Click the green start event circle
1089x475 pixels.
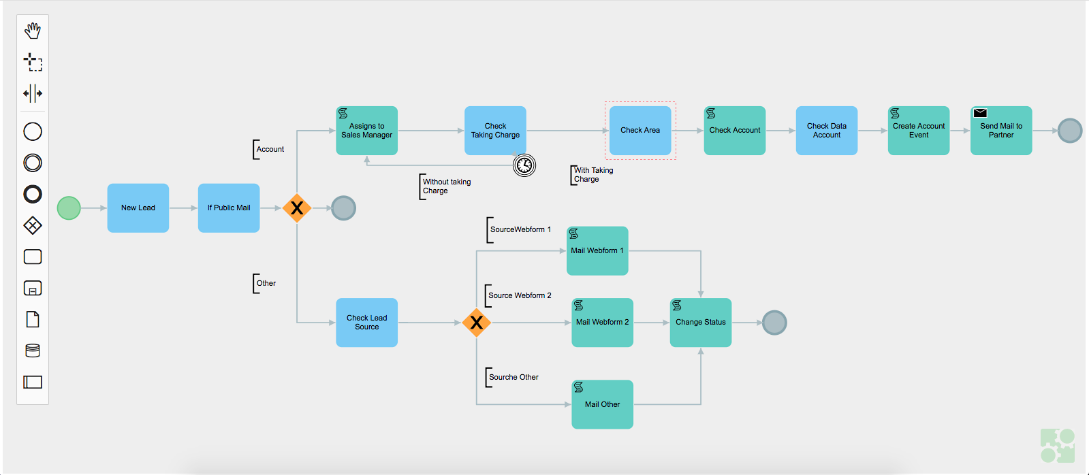coord(69,208)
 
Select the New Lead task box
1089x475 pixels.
coord(138,208)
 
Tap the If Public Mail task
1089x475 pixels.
coord(228,208)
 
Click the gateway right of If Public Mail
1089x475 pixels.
coord(297,208)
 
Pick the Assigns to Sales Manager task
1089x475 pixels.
coord(366,131)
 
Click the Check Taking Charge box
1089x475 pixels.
coord(495,131)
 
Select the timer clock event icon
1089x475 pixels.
coord(524,165)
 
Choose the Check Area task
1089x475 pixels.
coord(640,131)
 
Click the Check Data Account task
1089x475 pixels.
coord(826,131)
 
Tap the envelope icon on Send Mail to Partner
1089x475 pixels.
coord(980,113)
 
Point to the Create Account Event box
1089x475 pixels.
coord(918,131)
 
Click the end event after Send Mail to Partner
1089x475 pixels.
coord(1070,131)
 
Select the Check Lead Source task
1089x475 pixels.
coord(366,323)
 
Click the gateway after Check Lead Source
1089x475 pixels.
coord(476,323)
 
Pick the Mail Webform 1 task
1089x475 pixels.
coord(597,251)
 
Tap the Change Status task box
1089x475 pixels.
coord(700,323)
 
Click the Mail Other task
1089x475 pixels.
coord(602,404)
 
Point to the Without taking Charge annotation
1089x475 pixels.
coord(446,186)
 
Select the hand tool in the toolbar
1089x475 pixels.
coord(33,31)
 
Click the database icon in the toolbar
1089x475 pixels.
coord(33,350)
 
